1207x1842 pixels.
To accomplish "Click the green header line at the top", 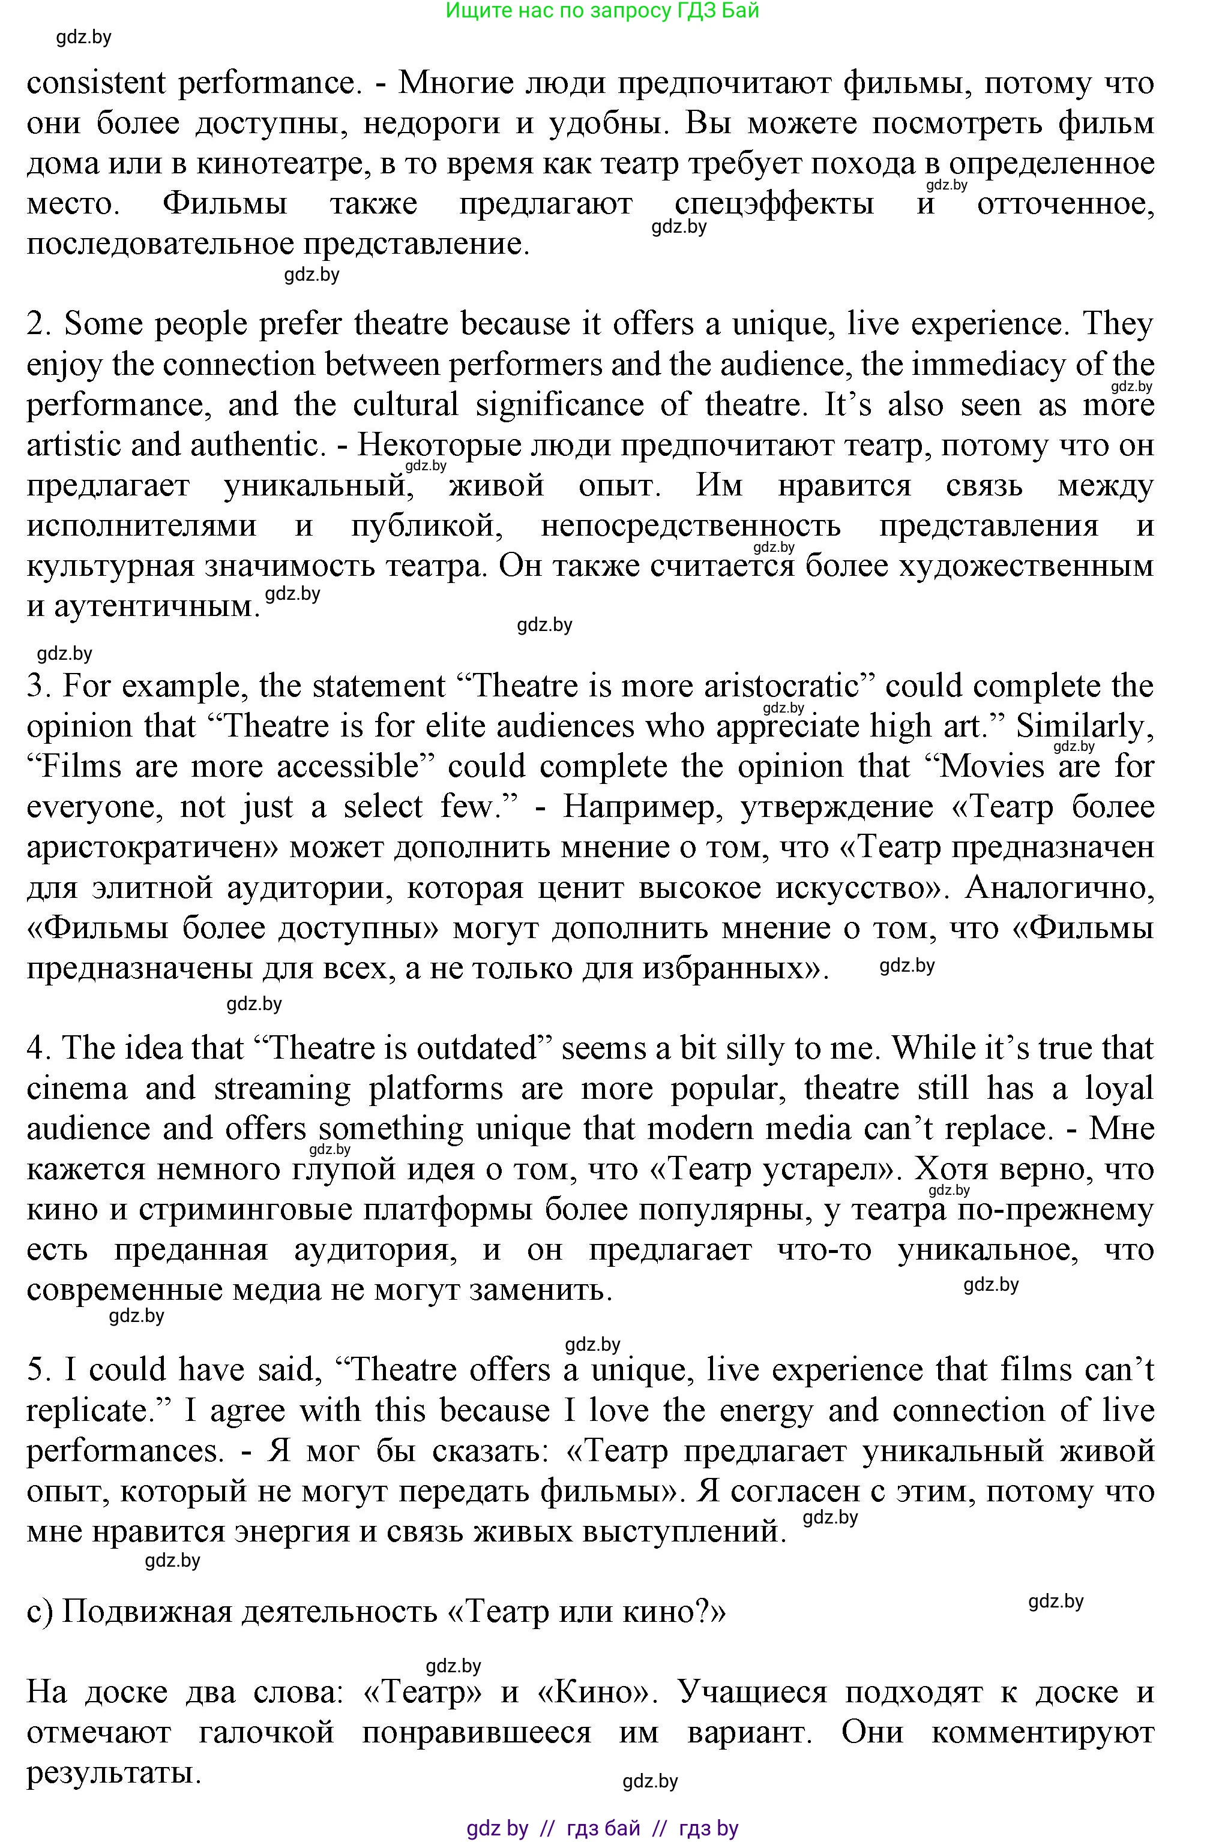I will click(603, 11).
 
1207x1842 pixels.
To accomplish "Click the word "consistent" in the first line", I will click(96, 83).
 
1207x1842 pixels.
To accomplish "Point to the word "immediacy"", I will click(983, 365).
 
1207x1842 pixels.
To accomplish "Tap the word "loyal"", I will click(1119, 1089).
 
